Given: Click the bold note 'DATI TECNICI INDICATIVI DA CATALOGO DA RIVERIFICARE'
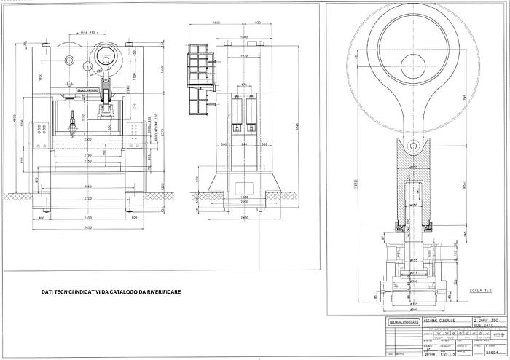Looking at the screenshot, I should point(111,292).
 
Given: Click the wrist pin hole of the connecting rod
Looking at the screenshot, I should point(414,147).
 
